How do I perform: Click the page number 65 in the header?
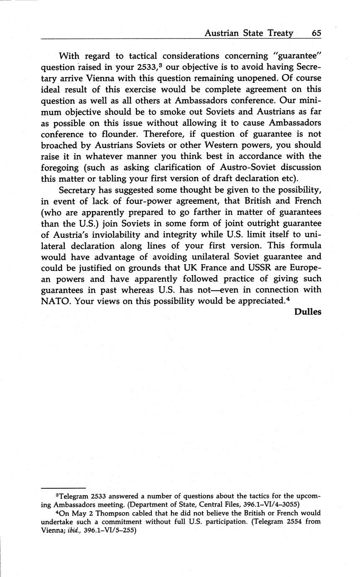coord(316,33)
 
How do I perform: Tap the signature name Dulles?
coord(308,312)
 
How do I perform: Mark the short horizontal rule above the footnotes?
coord(63,488)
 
